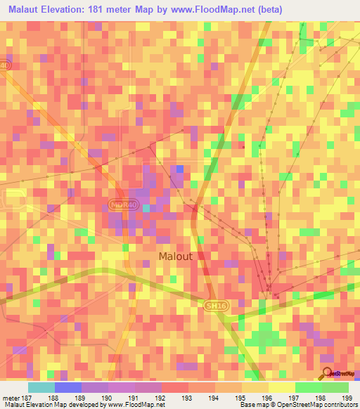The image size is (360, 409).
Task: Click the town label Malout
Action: pos(175,257)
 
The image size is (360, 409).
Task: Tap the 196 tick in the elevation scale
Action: pos(268,396)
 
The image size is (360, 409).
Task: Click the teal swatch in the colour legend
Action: pos(41,387)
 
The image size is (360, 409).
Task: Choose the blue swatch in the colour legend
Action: pos(68,387)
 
